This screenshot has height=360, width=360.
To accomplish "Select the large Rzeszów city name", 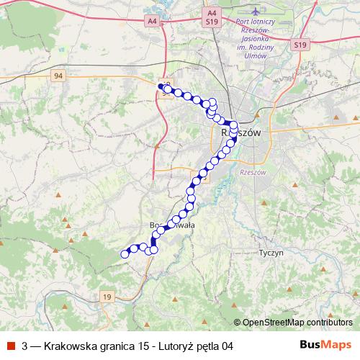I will click(x=240, y=134).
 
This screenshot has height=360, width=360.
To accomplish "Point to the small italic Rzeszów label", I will click(x=253, y=173).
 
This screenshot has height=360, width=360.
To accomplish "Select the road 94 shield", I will click(x=58, y=74).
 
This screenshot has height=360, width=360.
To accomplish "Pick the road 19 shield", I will click(x=107, y=296).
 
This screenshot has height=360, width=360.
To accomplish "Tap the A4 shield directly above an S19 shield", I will click(x=211, y=13).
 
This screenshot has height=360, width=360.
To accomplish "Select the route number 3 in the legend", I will click(x=24, y=346).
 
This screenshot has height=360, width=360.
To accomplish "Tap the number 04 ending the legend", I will click(x=228, y=346).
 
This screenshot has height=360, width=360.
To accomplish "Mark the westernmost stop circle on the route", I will click(x=125, y=253).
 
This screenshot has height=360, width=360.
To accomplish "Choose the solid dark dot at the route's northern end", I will click(x=161, y=86).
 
